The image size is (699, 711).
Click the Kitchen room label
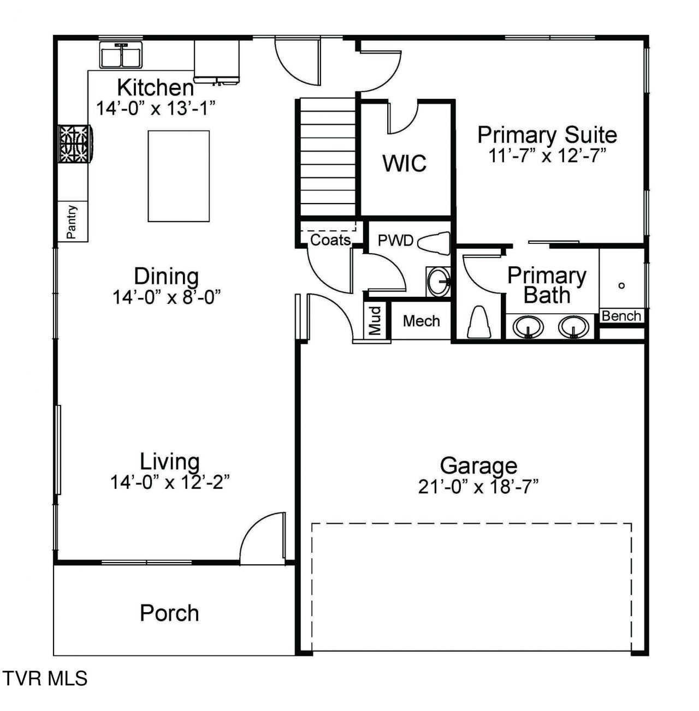(155, 87)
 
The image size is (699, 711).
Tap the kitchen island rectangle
(179, 176)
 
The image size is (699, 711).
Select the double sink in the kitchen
(121, 55)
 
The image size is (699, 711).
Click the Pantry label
(72, 222)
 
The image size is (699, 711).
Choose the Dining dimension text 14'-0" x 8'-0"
(167, 297)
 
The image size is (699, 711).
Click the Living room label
(169, 462)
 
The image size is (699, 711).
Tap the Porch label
(169, 613)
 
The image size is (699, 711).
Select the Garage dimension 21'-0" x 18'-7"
(478, 487)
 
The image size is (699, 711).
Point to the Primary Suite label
(547, 135)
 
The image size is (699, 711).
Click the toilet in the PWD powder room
(434, 243)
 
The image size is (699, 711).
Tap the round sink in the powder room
(439, 282)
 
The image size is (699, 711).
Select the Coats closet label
(330, 240)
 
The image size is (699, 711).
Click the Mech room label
(422, 321)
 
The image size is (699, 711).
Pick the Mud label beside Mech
(375, 321)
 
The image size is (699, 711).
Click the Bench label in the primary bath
(621, 316)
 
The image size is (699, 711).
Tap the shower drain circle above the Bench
(621, 285)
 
